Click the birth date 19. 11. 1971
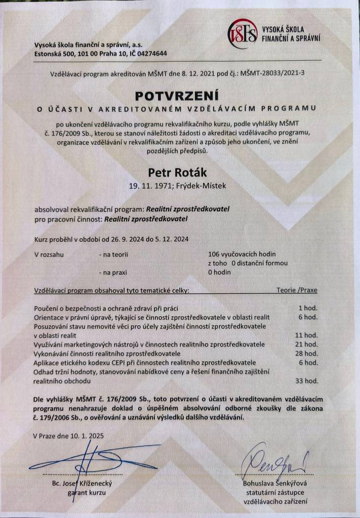tap(147, 186)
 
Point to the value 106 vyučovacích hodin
tap(242, 254)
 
